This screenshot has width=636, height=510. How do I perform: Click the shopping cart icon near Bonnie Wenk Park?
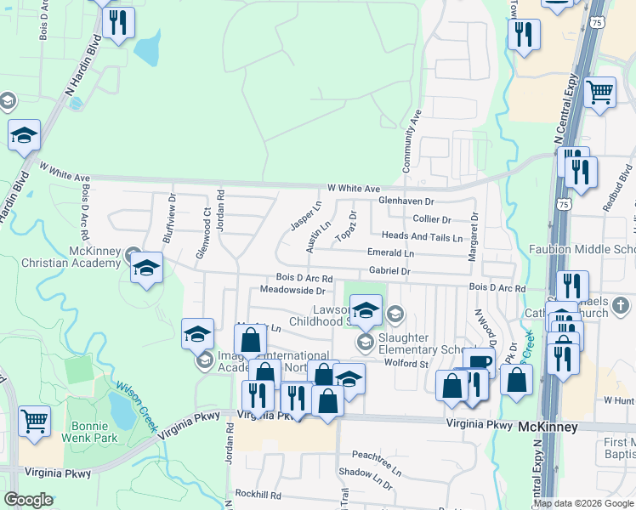click(x=34, y=421)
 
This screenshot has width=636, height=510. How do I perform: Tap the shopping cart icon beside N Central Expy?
click(x=600, y=92)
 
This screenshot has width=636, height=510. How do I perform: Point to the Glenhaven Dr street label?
click(x=406, y=201)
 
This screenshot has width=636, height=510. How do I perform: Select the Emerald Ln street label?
click(x=390, y=253)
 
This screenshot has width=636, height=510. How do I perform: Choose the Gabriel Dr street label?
click(x=389, y=271)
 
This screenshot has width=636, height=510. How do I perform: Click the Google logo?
click(x=28, y=499)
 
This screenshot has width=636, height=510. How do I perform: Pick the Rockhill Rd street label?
click(x=258, y=494)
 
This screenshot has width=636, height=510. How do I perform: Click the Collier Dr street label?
click(x=432, y=219)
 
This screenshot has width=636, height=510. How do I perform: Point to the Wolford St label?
click(x=404, y=364)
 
